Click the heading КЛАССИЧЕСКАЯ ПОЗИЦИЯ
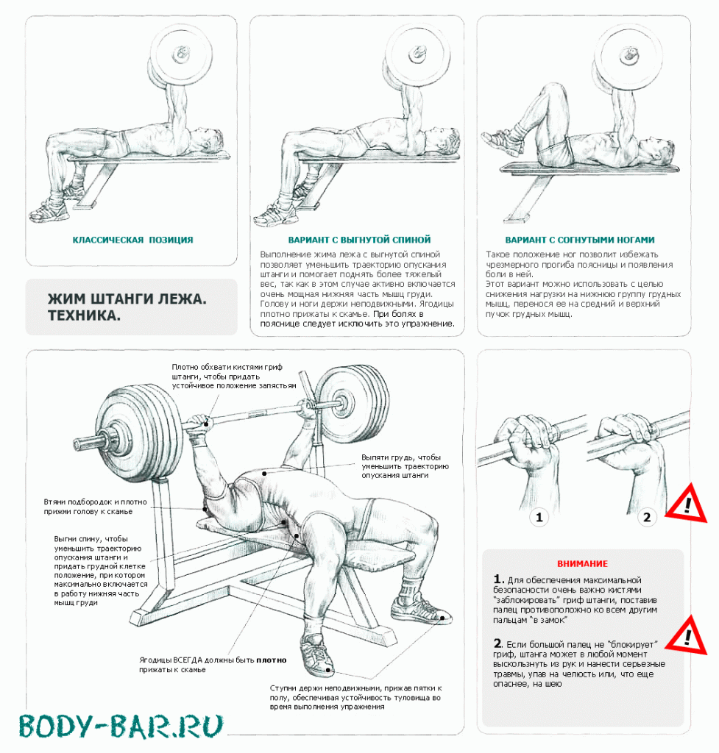pos(132,240)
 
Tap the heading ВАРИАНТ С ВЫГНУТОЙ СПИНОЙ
pos(359,240)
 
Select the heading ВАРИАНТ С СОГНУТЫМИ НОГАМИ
pos(580,240)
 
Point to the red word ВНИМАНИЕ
pos(583,564)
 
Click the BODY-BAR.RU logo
pos(121,726)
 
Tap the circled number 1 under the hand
pos(539,517)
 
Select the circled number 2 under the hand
pos(647,517)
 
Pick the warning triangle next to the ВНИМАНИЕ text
pos(687,636)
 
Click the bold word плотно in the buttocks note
pos(271,660)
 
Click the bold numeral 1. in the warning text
pos(498,579)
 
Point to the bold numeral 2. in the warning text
pos(498,643)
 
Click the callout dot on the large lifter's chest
pos(264,474)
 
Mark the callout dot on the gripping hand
pos(207,423)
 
